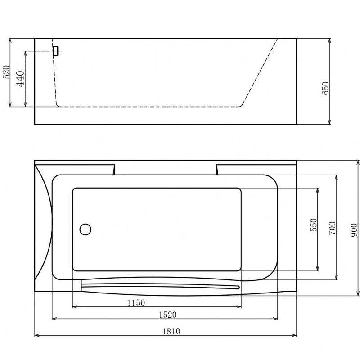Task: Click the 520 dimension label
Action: point(6,72)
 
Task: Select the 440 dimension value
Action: point(21,79)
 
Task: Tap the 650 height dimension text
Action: point(325,88)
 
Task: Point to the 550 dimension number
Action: point(313,225)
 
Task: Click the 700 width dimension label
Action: point(332,228)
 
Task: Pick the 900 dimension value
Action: point(354,230)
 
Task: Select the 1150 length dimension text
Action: point(136,303)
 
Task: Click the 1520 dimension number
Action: point(168,315)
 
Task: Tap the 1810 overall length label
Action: point(171,331)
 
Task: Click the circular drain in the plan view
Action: point(85,229)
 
